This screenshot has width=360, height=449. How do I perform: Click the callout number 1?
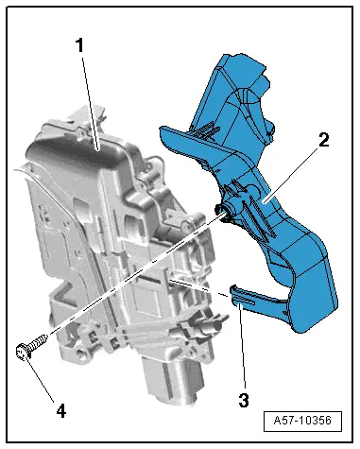(x=80, y=45)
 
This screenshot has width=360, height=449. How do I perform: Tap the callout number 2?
(x=324, y=140)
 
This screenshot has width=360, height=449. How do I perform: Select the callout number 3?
(x=244, y=401)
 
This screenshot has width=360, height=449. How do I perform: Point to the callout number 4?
(x=61, y=410)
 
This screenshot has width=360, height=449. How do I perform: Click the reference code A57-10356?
(x=302, y=421)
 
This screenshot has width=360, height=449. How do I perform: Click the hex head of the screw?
(x=22, y=353)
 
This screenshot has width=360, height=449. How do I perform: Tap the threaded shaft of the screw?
(x=38, y=342)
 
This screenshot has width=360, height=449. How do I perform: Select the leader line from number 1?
(x=91, y=103)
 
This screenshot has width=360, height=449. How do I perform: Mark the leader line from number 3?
(x=242, y=346)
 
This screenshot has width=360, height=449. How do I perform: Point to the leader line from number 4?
(x=41, y=378)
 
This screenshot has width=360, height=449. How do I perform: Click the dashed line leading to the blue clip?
(x=199, y=287)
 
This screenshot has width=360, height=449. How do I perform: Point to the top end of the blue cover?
(x=244, y=64)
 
